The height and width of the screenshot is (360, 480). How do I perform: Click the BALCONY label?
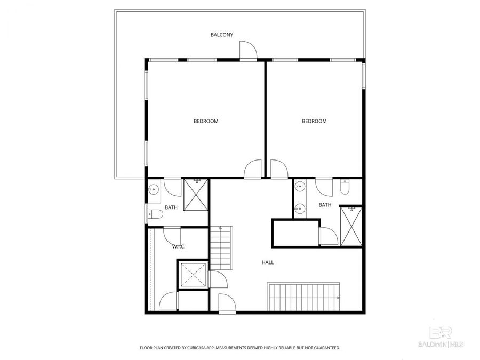click(222, 35)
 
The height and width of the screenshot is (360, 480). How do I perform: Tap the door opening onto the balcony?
click(248, 51)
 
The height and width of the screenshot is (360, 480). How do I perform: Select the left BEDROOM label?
click(206, 121)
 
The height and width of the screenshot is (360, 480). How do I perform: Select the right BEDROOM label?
click(314, 121)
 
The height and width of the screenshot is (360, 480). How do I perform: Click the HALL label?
click(268, 262)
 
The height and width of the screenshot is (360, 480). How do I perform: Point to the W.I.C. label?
click(178, 247)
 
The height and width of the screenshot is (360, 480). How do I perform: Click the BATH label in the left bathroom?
click(171, 207)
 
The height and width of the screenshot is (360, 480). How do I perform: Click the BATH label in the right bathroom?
click(325, 205)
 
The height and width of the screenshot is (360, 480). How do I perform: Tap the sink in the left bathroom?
click(154, 189)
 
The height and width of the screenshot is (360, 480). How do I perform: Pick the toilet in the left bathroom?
click(156, 215)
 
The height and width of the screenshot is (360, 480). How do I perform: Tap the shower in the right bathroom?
click(351, 226)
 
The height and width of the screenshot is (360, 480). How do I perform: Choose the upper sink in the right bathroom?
click(300, 187)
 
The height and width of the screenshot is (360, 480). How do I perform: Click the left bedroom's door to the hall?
click(253, 169)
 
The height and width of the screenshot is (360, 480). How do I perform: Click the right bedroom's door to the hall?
click(278, 169)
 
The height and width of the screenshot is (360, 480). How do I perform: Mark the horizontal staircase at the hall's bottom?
click(303, 297)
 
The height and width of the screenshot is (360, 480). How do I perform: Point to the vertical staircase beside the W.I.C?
click(222, 248)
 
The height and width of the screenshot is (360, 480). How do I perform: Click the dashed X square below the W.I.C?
click(193, 275)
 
